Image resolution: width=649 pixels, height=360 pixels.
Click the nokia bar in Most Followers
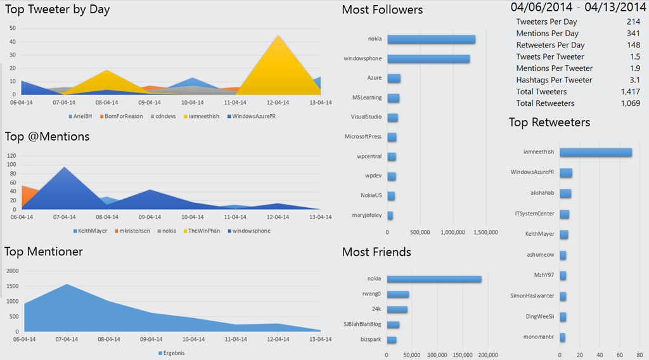click(x=431, y=39)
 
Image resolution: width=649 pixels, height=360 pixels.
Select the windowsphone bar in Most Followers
click(x=428, y=59)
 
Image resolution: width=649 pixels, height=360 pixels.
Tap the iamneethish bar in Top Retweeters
click(x=595, y=152)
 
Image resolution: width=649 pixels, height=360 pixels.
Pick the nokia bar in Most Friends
click(x=434, y=279)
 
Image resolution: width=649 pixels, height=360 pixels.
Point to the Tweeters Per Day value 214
click(x=633, y=22)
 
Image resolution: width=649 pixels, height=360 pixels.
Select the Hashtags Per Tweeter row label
click(x=554, y=80)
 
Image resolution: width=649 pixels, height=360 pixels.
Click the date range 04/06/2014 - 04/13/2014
click(x=578, y=8)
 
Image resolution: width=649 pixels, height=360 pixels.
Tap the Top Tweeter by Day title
click(x=58, y=10)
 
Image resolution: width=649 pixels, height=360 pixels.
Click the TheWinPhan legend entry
click(x=204, y=231)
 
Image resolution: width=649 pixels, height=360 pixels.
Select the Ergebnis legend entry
click(x=172, y=353)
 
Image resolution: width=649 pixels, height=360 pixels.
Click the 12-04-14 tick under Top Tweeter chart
click(x=278, y=101)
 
